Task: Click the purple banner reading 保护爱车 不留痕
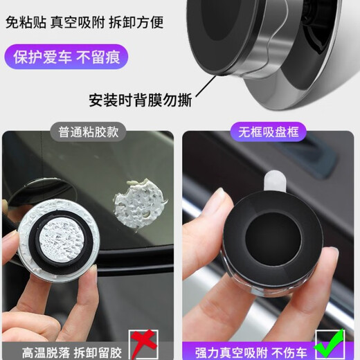click(x=67, y=55)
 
